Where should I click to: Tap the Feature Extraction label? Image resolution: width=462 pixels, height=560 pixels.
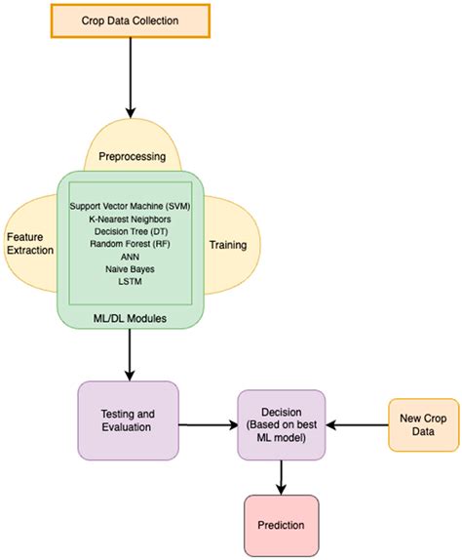(30, 243)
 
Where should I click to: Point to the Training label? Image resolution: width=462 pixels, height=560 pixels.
(228, 246)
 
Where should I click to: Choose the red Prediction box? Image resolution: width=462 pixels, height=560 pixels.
(282, 525)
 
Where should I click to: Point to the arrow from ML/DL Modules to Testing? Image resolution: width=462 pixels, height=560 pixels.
(130, 357)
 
